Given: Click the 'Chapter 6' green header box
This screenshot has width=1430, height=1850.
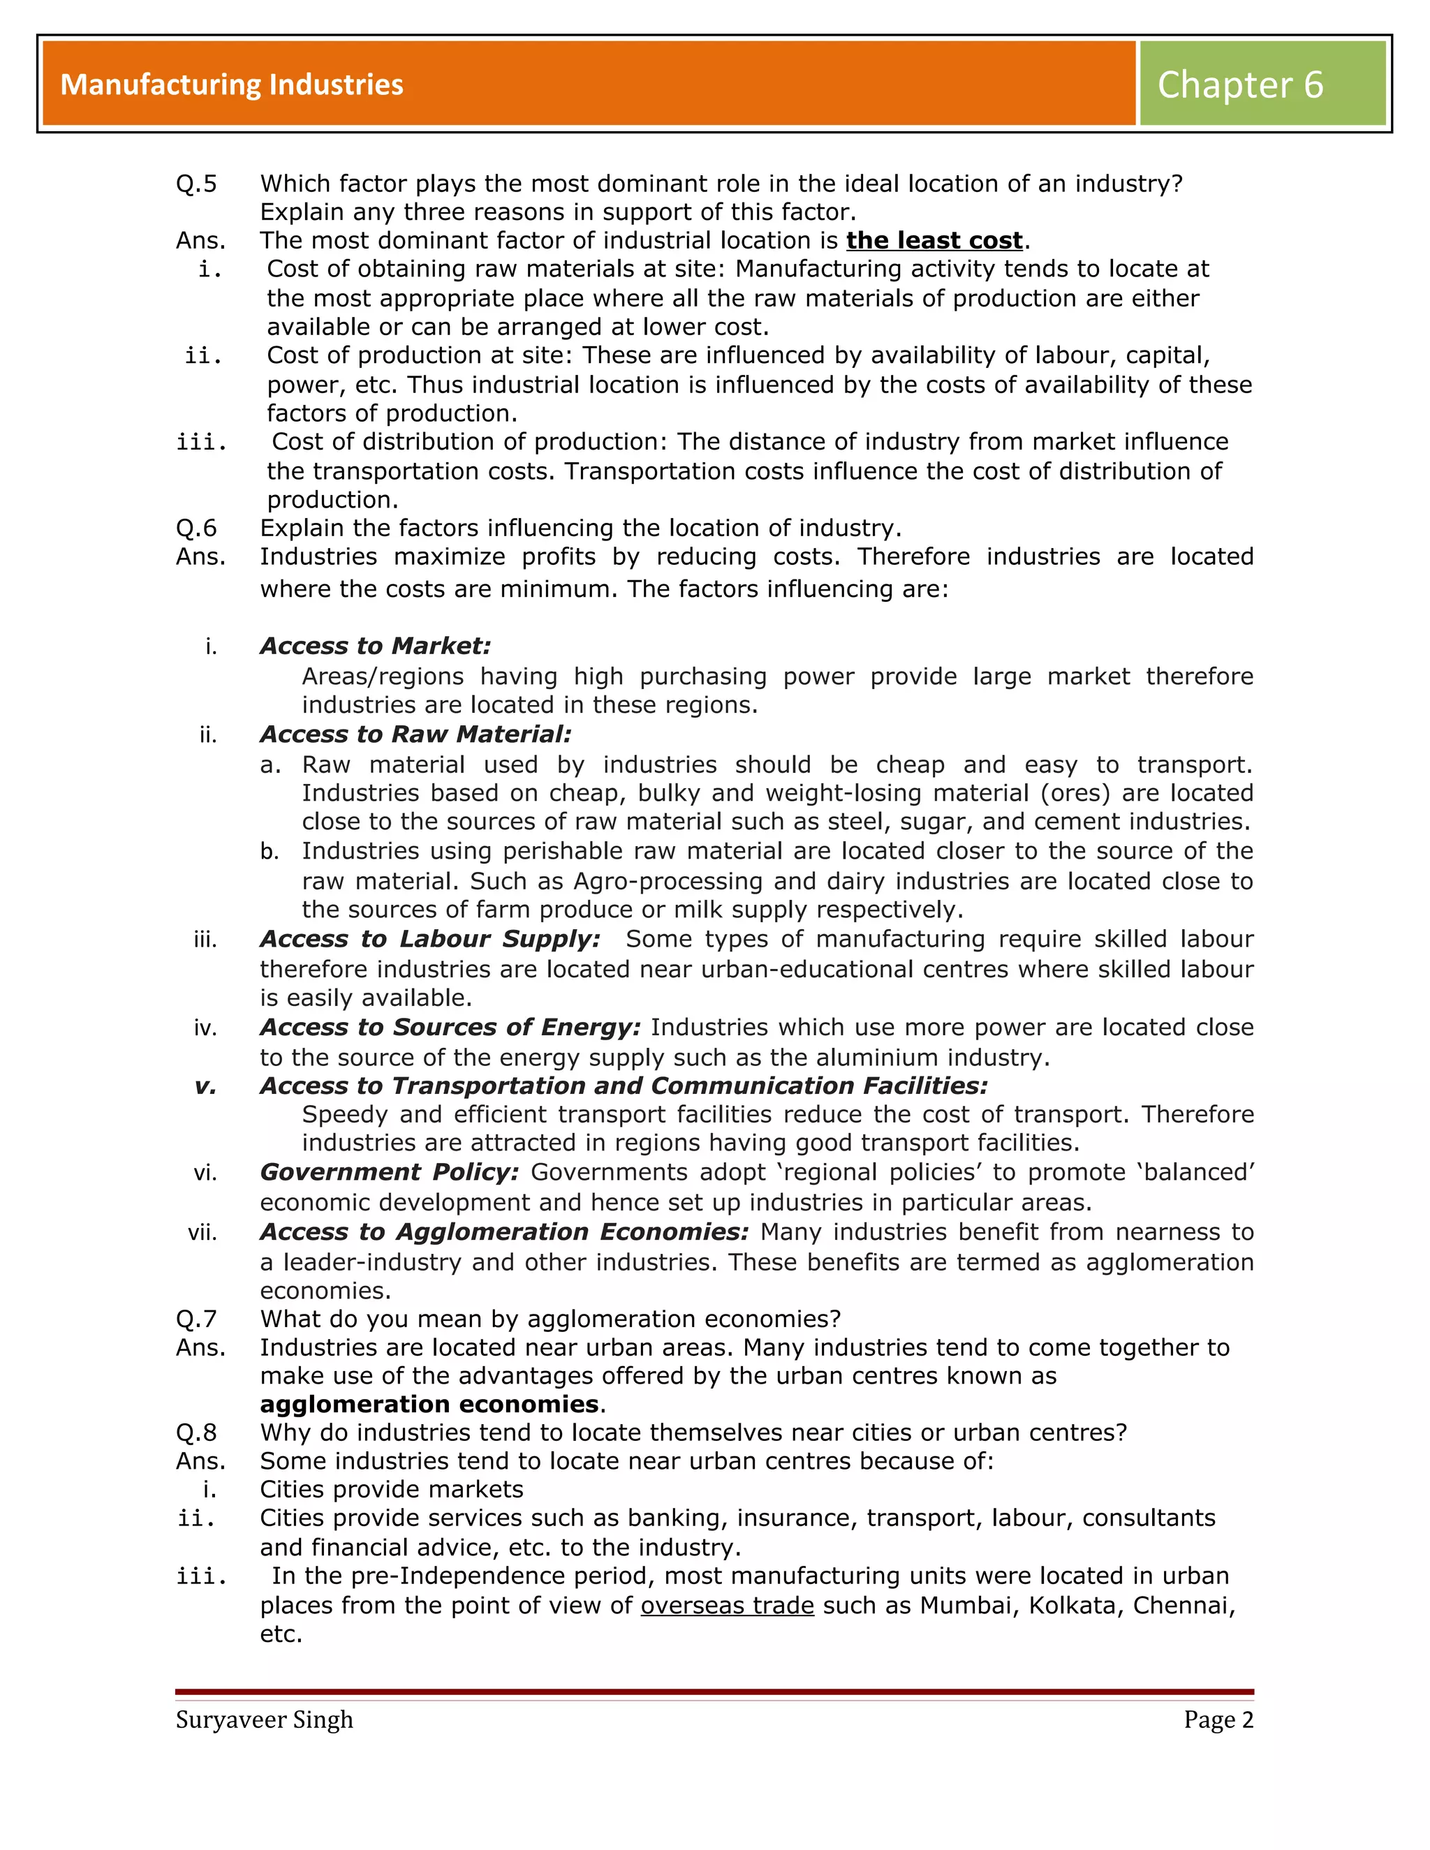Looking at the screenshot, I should [x=1262, y=84].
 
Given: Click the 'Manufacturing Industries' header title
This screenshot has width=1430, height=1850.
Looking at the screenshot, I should [x=232, y=84].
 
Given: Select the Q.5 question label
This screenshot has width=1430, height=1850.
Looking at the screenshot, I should [x=196, y=184].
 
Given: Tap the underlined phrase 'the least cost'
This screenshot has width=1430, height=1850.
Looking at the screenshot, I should [x=934, y=241].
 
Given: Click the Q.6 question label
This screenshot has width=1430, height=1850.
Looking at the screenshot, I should [x=196, y=528].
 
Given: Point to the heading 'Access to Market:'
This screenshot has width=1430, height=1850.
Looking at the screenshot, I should [x=375, y=646].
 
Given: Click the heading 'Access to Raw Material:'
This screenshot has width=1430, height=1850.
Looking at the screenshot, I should [x=415, y=734].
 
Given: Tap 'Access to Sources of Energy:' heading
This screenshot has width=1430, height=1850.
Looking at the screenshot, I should [x=450, y=1027].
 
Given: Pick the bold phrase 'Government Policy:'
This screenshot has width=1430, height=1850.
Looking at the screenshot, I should [x=389, y=1171].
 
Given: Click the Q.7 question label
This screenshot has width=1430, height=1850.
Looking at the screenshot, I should [x=196, y=1319].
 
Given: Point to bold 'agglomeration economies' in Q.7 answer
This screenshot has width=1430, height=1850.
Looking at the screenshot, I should [x=429, y=1404].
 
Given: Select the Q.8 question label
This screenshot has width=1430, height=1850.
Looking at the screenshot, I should [x=196, y=1433].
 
